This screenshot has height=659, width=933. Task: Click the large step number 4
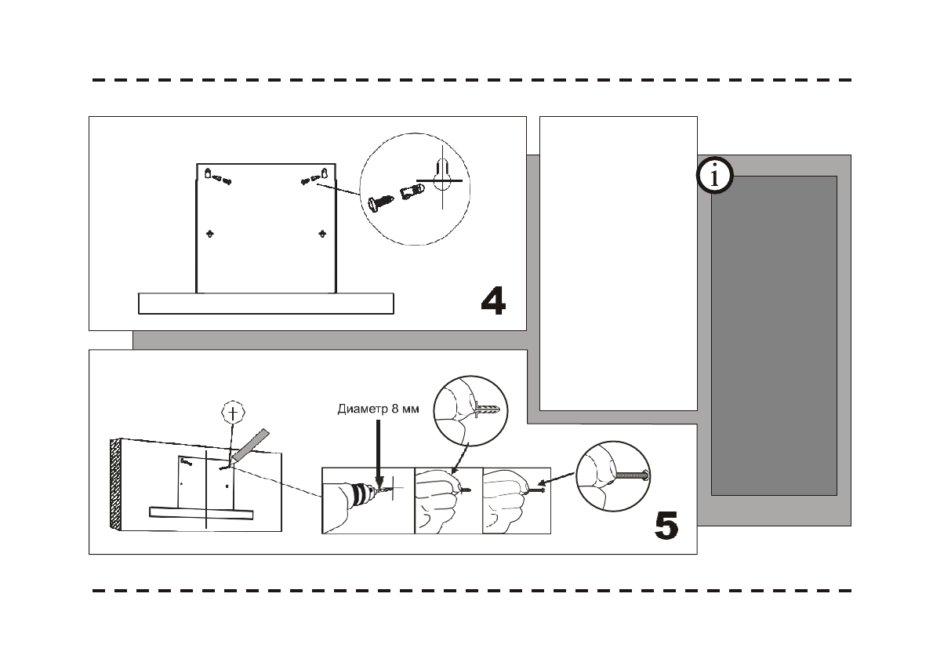pos(492,300)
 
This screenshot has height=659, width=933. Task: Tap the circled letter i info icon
pos(714,177)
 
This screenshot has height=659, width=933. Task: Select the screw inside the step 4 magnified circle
pos(379,202)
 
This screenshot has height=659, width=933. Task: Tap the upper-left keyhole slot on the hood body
pos(208,173)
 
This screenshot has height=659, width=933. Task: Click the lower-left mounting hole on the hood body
pos(209,233)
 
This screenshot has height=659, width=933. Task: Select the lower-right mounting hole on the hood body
pos(322,233)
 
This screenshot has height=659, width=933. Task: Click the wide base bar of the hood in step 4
pos(265,304)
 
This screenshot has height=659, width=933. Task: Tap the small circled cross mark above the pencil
pos(231,413)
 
